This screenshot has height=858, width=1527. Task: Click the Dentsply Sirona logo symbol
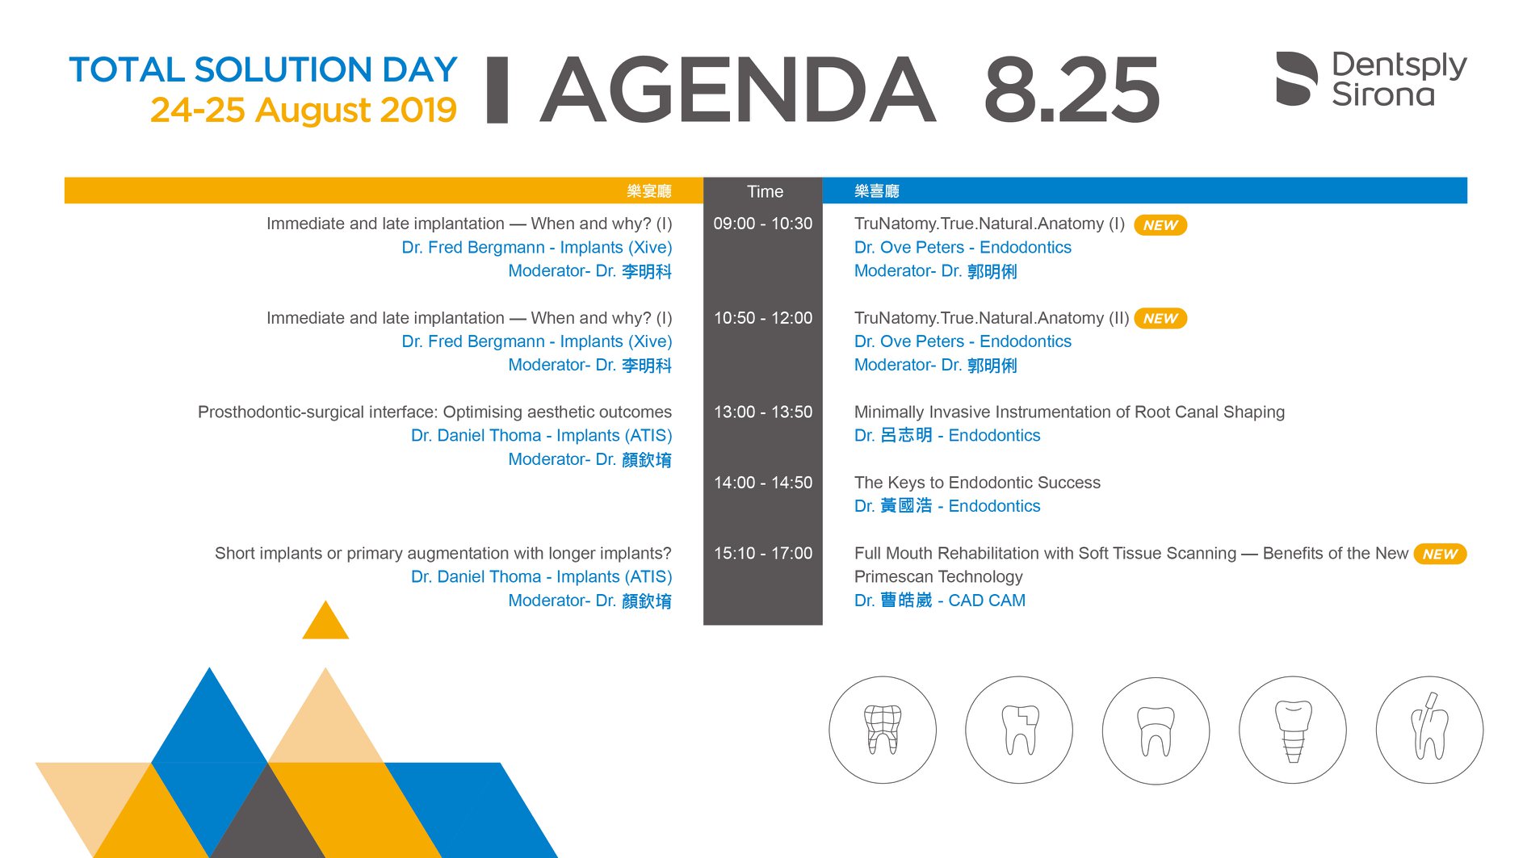coord(1297,78)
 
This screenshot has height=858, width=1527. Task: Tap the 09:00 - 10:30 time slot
coord(763,224)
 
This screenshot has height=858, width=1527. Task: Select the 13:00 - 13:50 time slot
coord(763,412)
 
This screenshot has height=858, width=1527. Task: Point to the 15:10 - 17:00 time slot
coord(763,553)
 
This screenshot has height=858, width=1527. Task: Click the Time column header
coord(765,191)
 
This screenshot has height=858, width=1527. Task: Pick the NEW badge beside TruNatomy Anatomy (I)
coord(1160,225)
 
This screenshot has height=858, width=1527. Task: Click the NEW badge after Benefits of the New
coord(1440,554)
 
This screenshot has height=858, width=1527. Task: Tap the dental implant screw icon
coord(1293,730)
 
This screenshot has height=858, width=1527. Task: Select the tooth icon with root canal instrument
coord(1429,730)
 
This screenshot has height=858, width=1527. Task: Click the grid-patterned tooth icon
coord(883,730)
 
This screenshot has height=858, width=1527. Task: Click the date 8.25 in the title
coord(1072,89)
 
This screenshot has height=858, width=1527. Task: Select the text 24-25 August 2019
coord(304,110)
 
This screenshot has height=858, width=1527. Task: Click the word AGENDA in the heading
coord(738,89)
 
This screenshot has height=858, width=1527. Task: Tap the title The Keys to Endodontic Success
coord(977,483)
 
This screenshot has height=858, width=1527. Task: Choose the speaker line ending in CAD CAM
coord(940,601)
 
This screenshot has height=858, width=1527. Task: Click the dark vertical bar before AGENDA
coord(497,90)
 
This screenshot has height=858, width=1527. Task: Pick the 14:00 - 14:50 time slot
coord(763,483)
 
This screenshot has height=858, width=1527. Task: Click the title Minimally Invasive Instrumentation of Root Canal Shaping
coord(1069,412)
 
